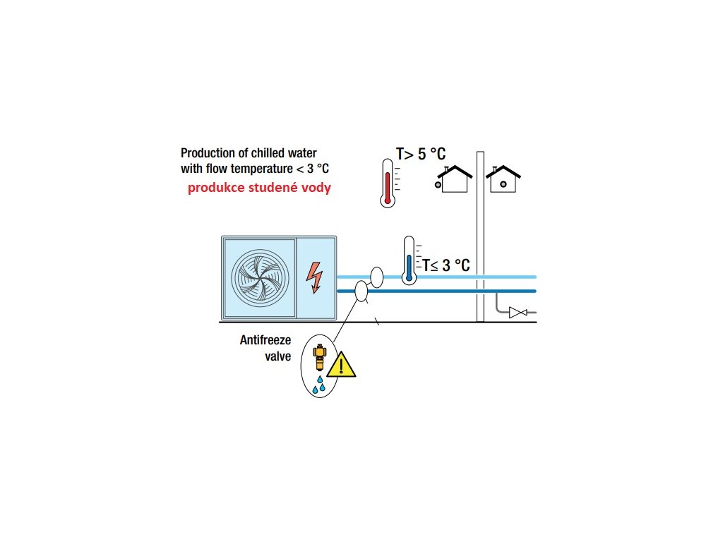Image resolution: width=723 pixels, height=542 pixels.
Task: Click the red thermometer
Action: [386, 183]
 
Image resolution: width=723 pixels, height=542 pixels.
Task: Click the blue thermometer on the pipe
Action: [408, 261]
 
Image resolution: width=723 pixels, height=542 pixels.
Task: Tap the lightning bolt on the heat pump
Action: [313, 277]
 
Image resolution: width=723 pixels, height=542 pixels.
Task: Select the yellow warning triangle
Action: [342, 364]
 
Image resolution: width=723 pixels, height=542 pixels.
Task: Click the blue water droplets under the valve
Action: [320, 385]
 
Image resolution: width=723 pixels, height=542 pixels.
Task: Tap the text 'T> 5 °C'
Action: [421, 155]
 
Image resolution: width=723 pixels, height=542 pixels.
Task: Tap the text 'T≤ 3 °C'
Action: [446, 265]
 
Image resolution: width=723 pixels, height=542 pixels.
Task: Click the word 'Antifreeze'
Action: [265, 340]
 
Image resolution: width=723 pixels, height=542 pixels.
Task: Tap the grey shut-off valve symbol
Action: [518, 312]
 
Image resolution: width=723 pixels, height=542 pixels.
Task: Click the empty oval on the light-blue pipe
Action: [376, 277]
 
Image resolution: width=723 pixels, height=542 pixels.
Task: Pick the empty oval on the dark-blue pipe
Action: [361, 291]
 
